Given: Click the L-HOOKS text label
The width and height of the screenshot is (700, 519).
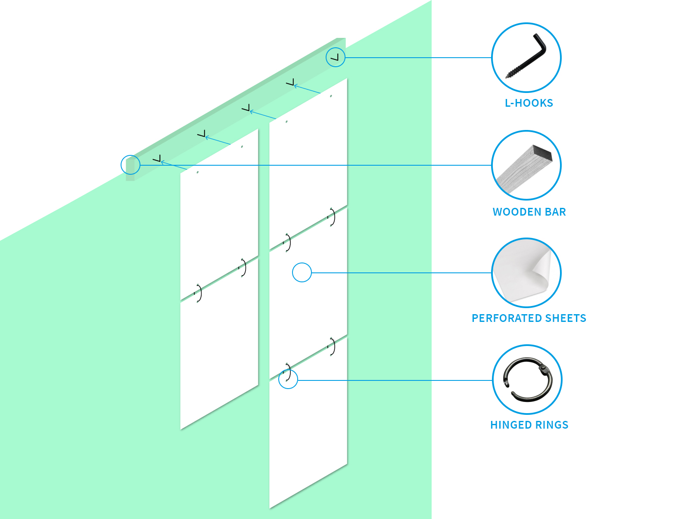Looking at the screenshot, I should pos(529,103).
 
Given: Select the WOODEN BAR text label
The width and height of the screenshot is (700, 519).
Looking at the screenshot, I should pos(529,212).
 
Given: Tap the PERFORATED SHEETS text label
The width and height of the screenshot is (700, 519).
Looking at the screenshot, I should pos(529,318).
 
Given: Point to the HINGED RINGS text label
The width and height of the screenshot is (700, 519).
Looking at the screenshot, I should pos(529,425).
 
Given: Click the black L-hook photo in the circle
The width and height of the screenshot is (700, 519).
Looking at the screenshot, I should pos(526,57).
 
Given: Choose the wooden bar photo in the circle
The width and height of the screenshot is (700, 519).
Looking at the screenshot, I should pos(526,165).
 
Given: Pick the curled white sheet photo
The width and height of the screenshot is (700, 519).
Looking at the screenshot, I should pos(526,273).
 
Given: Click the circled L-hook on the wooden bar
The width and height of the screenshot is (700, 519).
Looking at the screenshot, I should pos(336,57).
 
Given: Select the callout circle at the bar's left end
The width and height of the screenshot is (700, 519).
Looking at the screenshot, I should pos(131,165).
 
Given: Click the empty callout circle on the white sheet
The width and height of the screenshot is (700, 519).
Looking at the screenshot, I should pos(302,272).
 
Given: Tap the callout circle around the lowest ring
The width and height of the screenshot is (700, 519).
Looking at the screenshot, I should pos(288,379).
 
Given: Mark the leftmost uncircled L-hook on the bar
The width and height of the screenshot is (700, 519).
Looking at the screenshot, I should pos(157,159).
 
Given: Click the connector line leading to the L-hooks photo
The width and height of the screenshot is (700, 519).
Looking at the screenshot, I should pos(418,57).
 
